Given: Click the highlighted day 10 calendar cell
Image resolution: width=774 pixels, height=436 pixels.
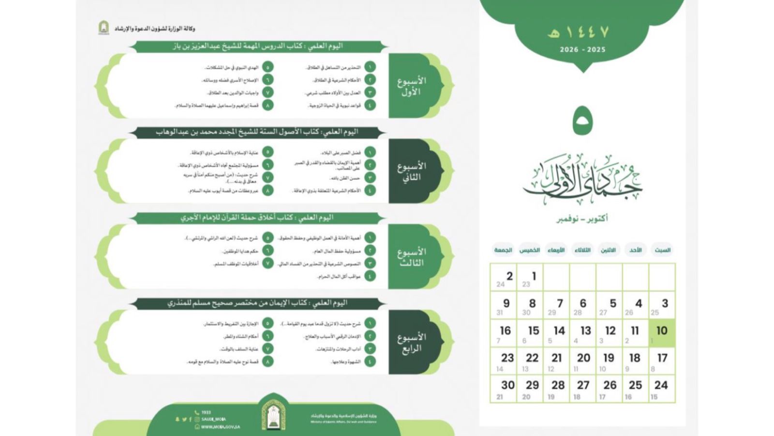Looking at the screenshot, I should point(661,333).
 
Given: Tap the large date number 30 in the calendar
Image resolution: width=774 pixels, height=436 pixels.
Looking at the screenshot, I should point(507,385).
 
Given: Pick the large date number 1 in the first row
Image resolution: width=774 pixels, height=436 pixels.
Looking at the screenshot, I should point(534,276).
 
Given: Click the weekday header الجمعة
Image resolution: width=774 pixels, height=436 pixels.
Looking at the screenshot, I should point(503,250).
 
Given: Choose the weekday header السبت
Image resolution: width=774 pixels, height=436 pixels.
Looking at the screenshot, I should point(662,250).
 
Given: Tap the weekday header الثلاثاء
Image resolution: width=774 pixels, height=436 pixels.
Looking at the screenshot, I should point(582,250).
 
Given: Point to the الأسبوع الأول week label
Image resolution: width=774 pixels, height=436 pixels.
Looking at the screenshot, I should point(411,86).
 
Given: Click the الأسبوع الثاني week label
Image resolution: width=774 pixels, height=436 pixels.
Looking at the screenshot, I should point(411,171).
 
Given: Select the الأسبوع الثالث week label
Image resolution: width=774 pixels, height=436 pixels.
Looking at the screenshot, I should point(411,257).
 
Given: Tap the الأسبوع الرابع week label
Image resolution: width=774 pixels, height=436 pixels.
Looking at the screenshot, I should point(411,343).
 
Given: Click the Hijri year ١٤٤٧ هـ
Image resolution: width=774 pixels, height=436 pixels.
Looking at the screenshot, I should point(578,32).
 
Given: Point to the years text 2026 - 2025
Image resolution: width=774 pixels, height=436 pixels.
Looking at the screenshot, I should point(582,49).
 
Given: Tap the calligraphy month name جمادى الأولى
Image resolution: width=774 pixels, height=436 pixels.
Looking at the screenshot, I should point(582,182).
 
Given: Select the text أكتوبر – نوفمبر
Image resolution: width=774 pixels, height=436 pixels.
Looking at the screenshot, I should point(582,219).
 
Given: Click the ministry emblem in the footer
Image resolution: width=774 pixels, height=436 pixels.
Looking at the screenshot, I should point(273,414).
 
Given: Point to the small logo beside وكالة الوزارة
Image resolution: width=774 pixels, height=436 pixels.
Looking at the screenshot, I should point(104,28).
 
